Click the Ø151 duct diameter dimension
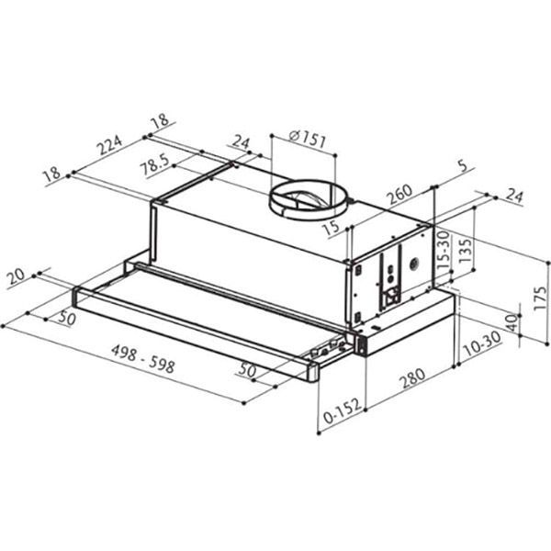(307, 140)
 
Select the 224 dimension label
(110, 144)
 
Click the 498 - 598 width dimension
(143, 358)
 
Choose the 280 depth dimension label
(413, 378)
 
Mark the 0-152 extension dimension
(342, 411)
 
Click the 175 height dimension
(540, 298)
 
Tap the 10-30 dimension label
(482, 343)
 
